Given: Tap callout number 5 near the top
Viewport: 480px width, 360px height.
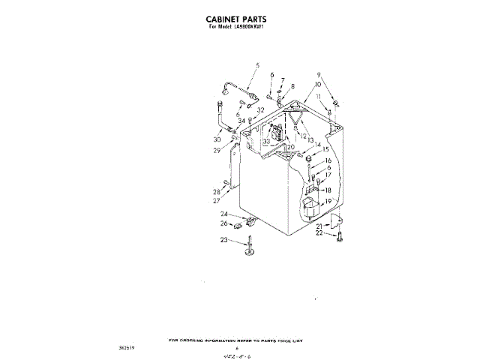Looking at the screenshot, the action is click(256, 66).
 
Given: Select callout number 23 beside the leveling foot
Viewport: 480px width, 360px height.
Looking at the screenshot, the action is click(223, 240).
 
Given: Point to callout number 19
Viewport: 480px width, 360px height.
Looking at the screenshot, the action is click(328, 202).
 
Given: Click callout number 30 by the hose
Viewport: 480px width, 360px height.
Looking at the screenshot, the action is click(217, 139).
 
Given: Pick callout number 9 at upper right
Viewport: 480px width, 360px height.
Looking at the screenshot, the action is click(318, 76).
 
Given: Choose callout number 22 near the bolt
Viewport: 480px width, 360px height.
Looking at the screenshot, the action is click(319, 233).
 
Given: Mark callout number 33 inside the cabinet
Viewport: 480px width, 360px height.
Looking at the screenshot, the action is click(265, 141).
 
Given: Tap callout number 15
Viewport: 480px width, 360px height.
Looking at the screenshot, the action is click(326, 149).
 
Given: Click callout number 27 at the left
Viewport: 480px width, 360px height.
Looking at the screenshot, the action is click(216, 201).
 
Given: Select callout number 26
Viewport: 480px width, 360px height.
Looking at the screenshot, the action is click(223, 223).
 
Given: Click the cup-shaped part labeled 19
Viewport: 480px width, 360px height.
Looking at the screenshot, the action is click(309, 205).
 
